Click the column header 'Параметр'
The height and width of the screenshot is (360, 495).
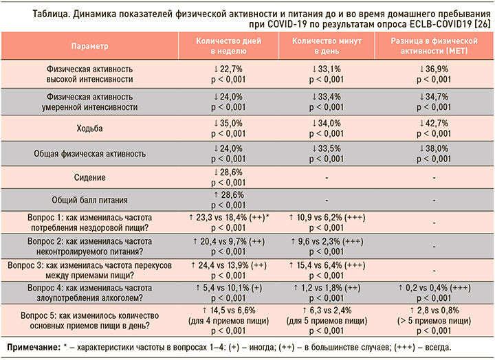coord(89,46)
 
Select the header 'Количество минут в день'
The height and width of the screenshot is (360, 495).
coord(327,46)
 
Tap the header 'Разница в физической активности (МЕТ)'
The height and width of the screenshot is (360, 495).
coord(434,46)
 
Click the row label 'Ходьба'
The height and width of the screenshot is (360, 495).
coord(89,128)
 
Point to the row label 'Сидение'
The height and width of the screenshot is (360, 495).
coord(89,177)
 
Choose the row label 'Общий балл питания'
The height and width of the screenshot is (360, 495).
coord(89,200)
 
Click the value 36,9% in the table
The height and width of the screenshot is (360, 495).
coord(437,69)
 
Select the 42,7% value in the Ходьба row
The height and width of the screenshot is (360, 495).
coord(437,124)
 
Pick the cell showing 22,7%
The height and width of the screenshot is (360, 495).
coord(231,69)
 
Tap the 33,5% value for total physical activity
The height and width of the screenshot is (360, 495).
coord(329,148)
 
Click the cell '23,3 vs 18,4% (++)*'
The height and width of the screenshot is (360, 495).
coord(229,218)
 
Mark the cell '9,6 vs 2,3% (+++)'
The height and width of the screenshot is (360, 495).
coord(327,242)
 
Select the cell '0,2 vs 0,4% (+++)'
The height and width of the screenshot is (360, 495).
coord(434,288)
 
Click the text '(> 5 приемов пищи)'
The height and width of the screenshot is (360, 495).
coord(434,321)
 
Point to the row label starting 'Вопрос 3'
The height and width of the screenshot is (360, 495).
coord(89,271)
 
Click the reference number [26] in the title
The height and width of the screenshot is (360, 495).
coord(483,24)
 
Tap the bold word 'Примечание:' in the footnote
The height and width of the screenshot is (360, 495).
coord(34,348)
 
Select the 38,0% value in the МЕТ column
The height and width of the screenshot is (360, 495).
coord(437,148)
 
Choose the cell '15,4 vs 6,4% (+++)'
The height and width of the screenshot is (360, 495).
coord(327,266)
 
